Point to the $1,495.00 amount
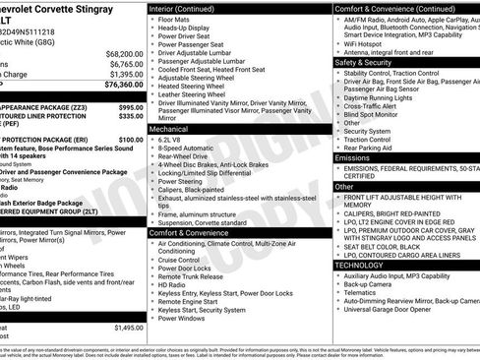pos(129,327)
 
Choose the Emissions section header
pos(352,157)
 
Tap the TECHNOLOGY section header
pos(359,265)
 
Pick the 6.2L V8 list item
pos(177,141)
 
